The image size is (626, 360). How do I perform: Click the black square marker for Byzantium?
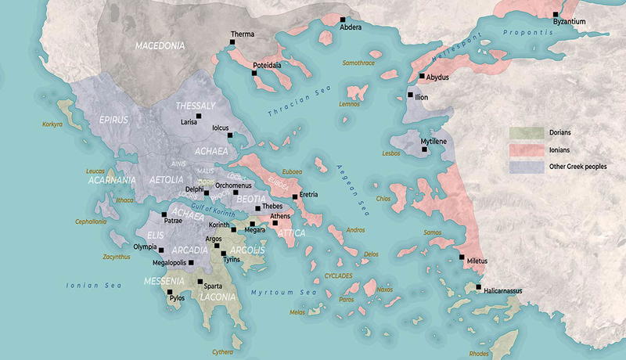pos(555,14)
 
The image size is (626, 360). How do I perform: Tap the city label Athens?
pos(280,216)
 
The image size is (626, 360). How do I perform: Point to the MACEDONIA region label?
pos(160,46)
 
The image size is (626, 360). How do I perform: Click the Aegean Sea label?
pos(349,192)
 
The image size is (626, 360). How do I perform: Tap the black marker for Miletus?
pos(462,257)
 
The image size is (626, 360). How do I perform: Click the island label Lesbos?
pos(391,154)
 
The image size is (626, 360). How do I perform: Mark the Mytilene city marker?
pos(425,149)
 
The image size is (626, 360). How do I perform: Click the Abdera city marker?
pos(343,19)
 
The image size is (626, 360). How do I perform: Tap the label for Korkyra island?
pos(52,124)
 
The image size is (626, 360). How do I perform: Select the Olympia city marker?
pos(161,250)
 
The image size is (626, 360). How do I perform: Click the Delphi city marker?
pos(207,193)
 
